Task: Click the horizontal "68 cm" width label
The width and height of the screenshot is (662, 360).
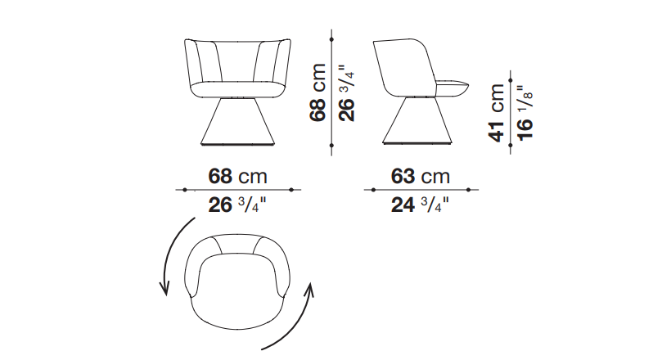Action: point(237,176)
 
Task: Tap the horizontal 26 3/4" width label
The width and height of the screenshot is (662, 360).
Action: point(237,205)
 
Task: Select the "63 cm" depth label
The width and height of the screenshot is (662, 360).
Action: point(421,176)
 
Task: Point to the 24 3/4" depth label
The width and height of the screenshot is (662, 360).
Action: point(420,205)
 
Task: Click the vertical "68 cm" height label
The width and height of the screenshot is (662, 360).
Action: point(318,92)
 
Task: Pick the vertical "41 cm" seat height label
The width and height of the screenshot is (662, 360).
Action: point(497,112)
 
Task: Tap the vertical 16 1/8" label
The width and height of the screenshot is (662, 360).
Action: point(525,113)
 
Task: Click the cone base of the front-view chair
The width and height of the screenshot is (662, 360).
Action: point(236,122)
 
